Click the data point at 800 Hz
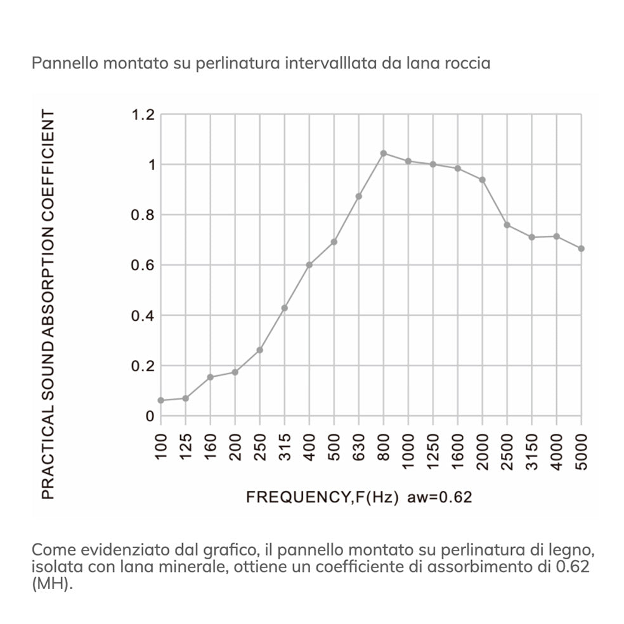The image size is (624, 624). [x=383, y=153]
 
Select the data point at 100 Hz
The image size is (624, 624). [x=160, y=400]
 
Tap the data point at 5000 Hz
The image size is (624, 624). [x=581, y=249]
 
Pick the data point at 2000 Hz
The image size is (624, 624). [x=482, y=180]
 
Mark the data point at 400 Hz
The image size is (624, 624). [x=309, y=265]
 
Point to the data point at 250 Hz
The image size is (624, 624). [x=259, y=350]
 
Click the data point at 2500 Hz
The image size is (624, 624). [x=507, y=225]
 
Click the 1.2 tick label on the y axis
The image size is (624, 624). [x=143, y=115]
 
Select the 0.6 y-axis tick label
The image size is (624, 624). [x=143, y=265]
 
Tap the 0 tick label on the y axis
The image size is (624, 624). [x=150, y=417]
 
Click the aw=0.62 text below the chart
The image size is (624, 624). [x=439, y=497]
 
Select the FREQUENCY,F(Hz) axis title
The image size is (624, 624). [x=322, y=497]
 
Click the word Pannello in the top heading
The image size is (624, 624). [x=60, y=64]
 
